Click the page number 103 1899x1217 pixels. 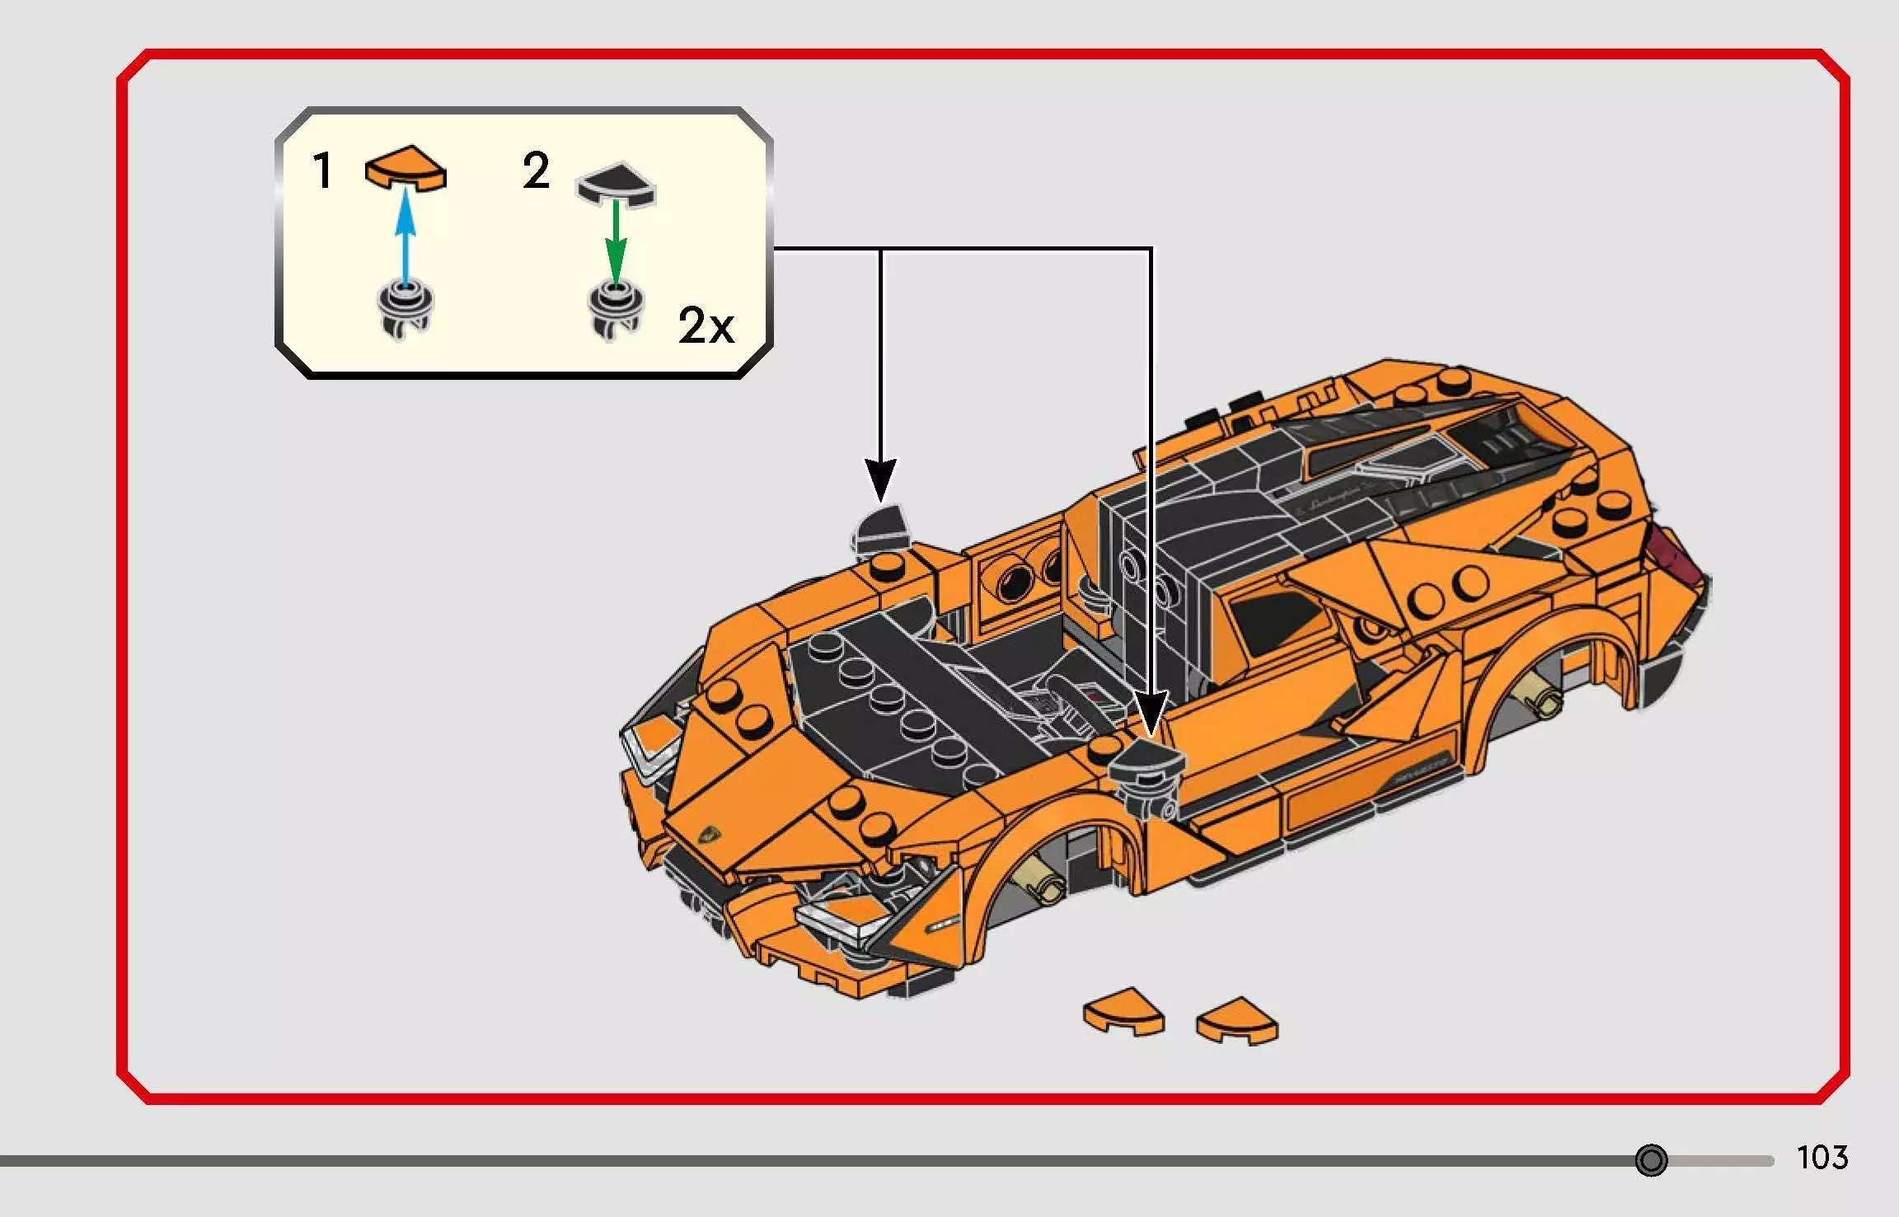1822,1158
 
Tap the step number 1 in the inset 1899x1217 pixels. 321,171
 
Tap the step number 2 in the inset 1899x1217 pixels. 536,171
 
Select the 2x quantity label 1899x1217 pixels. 706,326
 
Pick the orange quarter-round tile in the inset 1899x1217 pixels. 406,169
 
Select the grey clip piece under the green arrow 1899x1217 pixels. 616,311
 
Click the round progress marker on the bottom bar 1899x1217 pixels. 1651,1160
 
